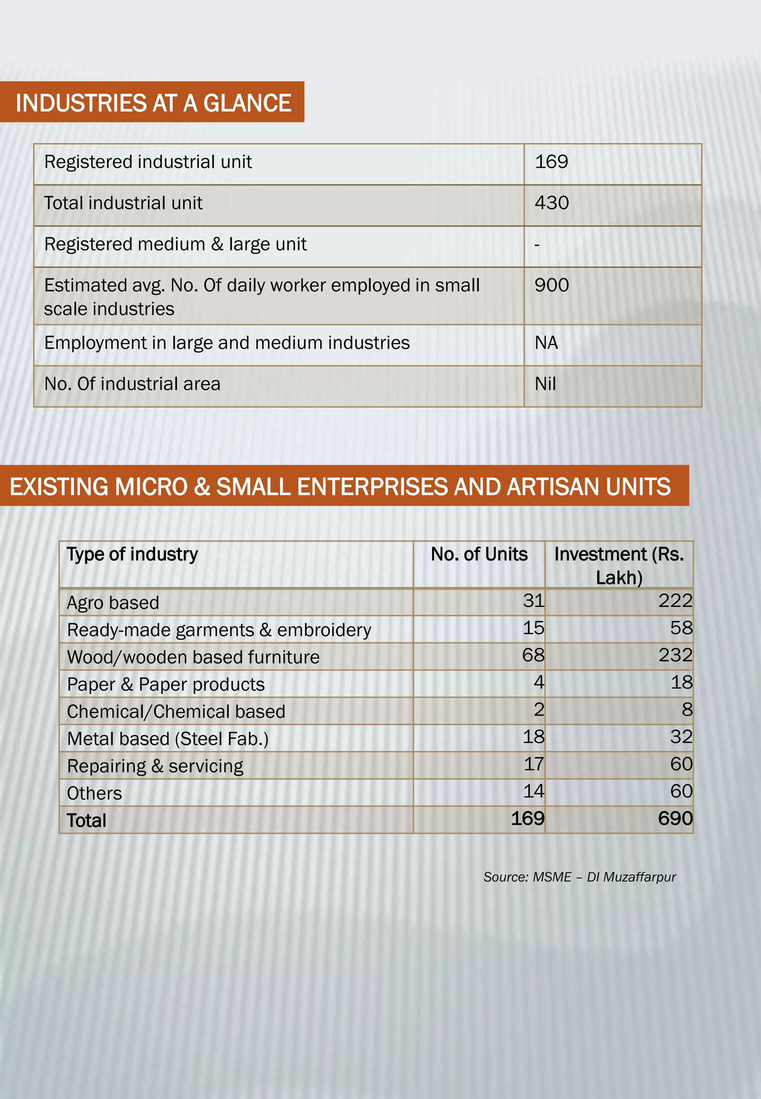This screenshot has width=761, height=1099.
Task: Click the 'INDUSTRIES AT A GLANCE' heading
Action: tap(153, 103)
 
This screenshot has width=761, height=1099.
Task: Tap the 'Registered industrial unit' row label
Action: tap(148, 162)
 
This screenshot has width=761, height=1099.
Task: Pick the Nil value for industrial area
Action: tap(545, 384)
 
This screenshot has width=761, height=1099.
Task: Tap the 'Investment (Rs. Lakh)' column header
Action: tap(619, 566)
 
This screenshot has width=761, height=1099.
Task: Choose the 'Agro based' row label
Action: tap(113, 603)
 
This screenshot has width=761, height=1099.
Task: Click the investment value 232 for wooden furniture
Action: tap(675, 655)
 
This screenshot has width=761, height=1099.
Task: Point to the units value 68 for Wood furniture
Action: tap(533, 655)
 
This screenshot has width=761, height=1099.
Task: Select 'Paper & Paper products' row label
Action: tap(165, 685)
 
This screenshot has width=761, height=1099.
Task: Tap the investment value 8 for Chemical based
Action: tap(687, 710)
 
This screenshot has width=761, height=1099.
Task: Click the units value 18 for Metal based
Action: tap(533, 737)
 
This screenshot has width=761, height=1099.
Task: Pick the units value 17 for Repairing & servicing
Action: tap(534, 764)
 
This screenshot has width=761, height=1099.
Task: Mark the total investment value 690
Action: tap(675, 819)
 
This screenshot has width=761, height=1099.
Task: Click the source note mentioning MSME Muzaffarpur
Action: tap(579, 877)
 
